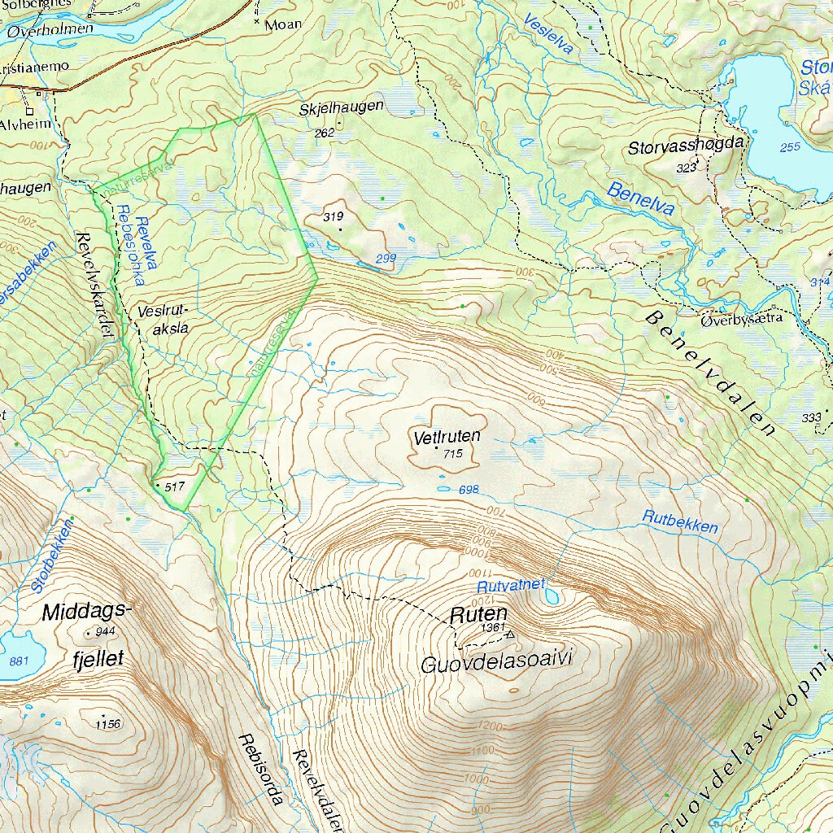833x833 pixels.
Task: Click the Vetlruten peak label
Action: [447, 437]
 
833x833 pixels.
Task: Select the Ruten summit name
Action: [480, 614]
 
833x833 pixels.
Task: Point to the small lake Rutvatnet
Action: [552, 598]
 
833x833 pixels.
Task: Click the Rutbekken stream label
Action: [680, 521]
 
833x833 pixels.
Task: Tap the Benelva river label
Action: [640, 198]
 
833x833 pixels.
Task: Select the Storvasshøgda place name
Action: [686, 147]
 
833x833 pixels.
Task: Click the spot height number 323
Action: [686, 168]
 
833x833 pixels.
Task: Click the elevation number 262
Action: [325, 133]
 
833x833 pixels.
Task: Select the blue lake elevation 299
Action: [386, 259]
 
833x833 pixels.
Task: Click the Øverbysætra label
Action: [741, 319]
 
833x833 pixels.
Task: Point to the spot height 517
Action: [175, 486]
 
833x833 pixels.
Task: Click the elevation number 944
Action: [105, 632]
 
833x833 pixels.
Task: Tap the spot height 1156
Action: [107, 724]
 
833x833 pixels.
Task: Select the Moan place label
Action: [283, 24]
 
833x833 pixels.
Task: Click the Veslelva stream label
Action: [548, 34]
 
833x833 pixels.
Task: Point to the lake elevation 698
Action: [469, 490]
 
